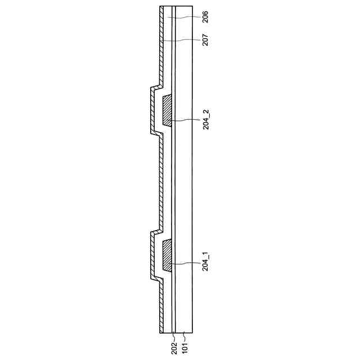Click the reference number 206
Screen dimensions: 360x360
205,16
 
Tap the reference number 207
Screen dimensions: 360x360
205,40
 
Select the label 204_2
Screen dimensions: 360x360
206,120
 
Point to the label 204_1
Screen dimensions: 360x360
206,262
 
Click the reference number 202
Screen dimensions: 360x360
174,348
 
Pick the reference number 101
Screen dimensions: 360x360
184,348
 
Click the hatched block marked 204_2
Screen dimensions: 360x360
167,110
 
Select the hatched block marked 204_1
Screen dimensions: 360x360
167,255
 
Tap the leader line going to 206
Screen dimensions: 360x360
183,17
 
